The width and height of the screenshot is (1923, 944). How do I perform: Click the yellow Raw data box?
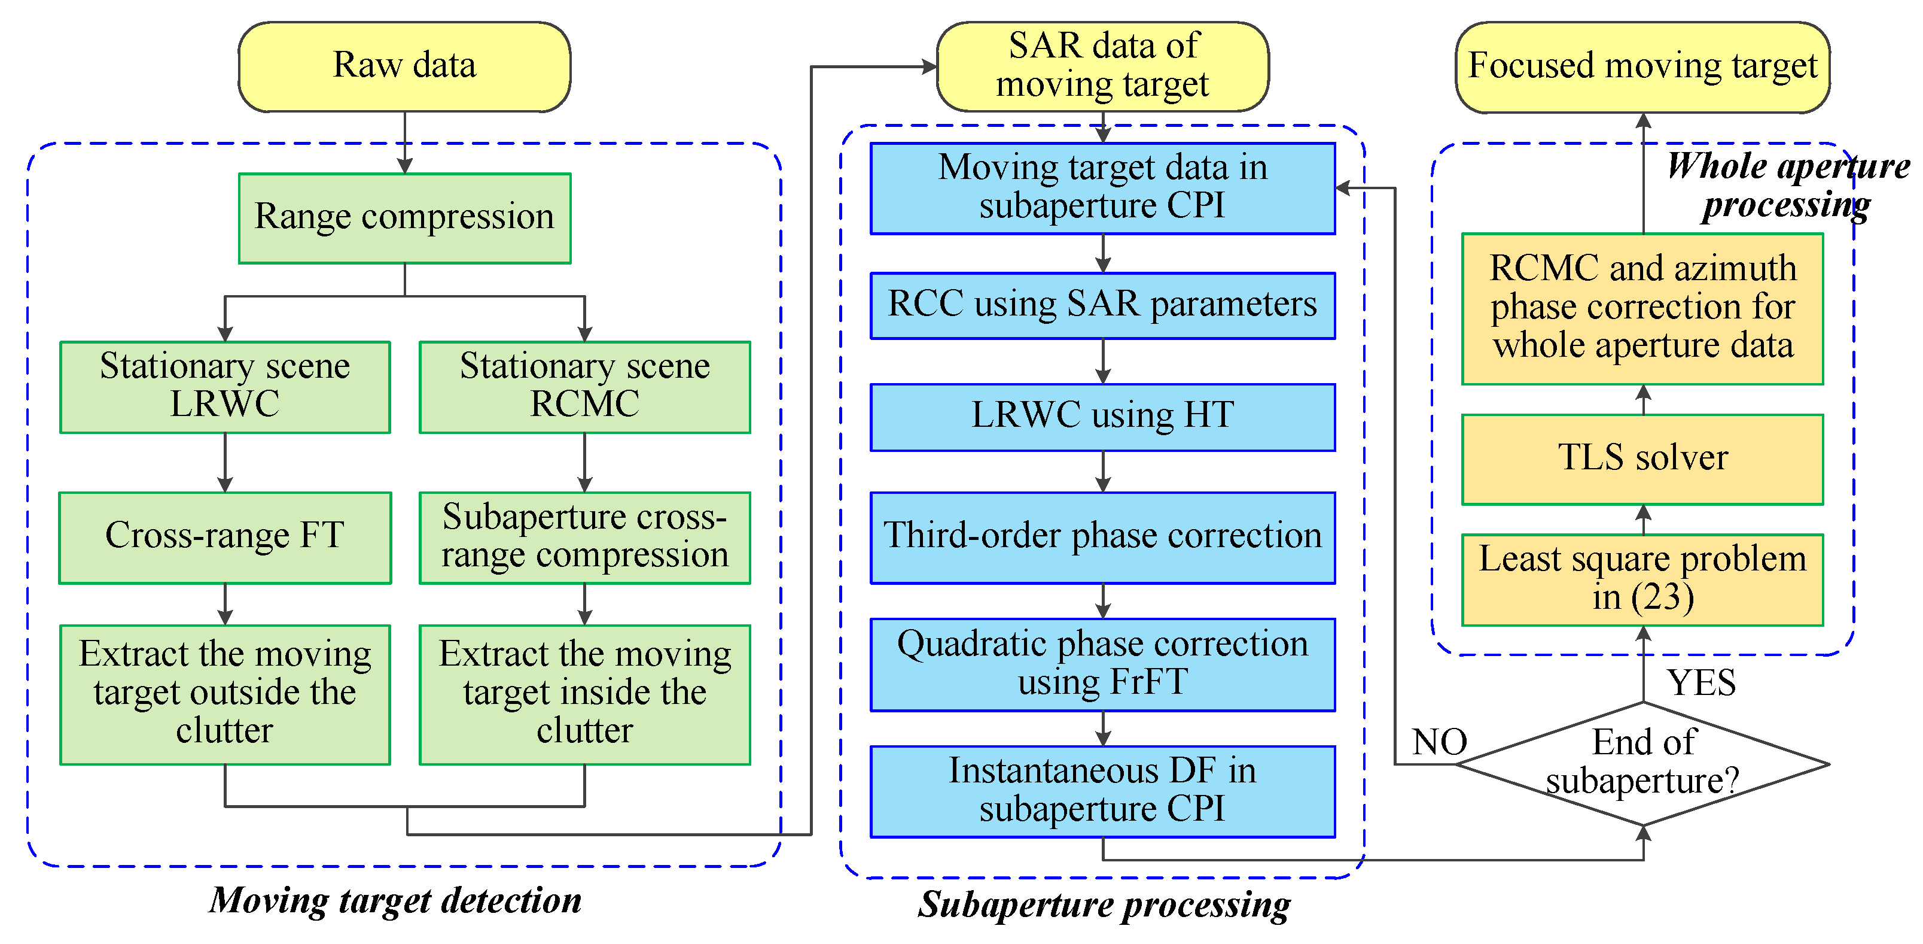pyautogui.click(x=404, y=66)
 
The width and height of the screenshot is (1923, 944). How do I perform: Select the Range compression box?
pyautogui.click(x=404, y=218)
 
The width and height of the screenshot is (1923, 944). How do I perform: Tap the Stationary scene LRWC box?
pyautogui.click(x=225, y=387)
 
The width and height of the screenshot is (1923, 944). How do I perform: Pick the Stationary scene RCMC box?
pyautogui.click(x=584, y=387)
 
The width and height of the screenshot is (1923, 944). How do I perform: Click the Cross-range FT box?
pyautogui.click(x=225, y=537)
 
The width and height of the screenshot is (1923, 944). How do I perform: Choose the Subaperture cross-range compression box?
pyautogui.click(x=584, y=537)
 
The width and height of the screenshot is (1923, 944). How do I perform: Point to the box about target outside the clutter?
pyautogui.click(x=225, y=694)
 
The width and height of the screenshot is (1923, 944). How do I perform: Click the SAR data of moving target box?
pyautogui.click(x=1102, y=66)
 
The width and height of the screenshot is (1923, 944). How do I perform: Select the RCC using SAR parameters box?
pyautogui.click(x=1102, y=305)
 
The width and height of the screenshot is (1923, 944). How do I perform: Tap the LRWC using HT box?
pyautogui.click(x=1102, y=417)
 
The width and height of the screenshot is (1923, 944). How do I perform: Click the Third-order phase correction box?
pyautogui.click(x=1102, y=537)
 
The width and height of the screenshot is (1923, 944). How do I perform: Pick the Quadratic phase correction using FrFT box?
pyautogui.click(x=1102, y=664)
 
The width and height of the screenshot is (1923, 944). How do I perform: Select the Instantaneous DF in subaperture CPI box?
pyautogui.click(x=1102, y=791)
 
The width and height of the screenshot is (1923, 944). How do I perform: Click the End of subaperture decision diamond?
pyautogui.click(x=1642, y=763)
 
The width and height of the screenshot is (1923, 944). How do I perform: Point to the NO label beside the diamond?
pyautogui.click(x=1439, y=742)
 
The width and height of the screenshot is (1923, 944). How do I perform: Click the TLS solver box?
pyautogui.click(x=1642, y=459)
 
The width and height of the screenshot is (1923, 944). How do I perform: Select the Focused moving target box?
pyautogui.click(x=1642, y=66)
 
